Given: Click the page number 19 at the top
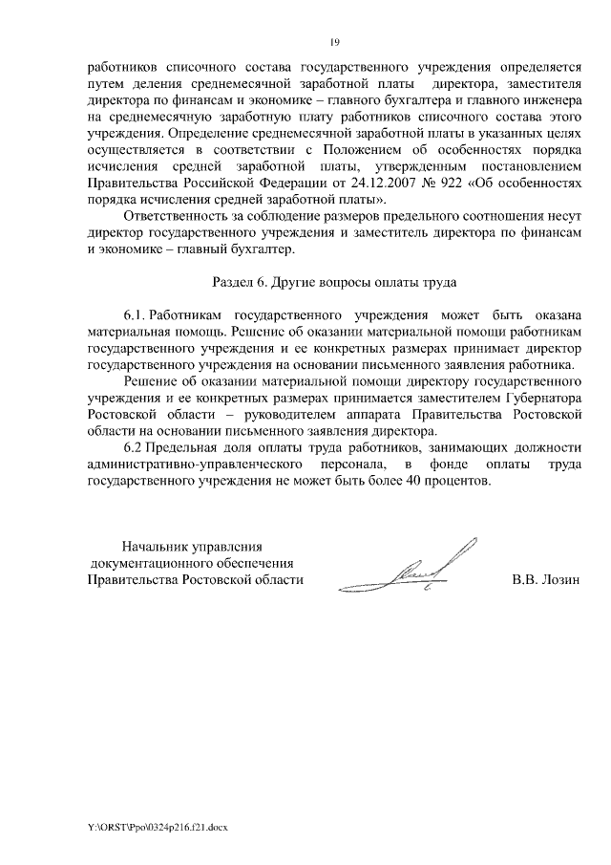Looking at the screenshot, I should tap(335, 41).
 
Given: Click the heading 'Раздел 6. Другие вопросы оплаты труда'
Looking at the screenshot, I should tap(334, 283).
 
